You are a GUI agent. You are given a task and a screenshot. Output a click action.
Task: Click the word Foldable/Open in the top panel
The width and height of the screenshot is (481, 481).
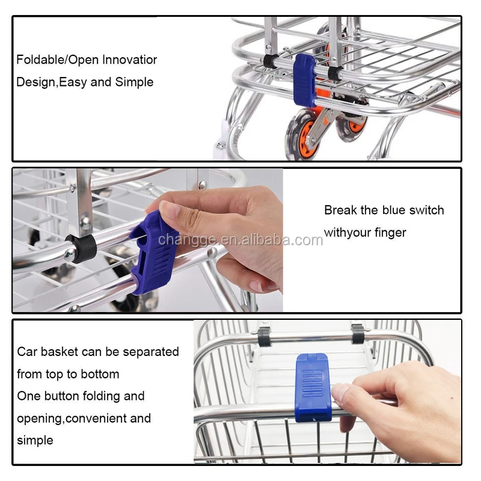pyautogui.click(x=58, y=60)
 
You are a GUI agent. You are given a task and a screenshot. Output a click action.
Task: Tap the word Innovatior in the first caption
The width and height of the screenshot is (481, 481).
pyautogui.click(x=129, y=60)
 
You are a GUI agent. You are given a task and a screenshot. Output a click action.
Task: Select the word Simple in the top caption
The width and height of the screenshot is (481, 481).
pyautogui.click(x=134, y=82)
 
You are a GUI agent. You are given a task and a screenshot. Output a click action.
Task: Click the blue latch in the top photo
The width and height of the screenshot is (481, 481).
pyautogui.click(x=305, y=81)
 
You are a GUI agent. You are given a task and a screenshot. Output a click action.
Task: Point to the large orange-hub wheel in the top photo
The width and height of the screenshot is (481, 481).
pyautogui.click(x=302, y=134)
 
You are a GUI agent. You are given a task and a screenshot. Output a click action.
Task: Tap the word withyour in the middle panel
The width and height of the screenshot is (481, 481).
pyautogui.click(x=348, y=233)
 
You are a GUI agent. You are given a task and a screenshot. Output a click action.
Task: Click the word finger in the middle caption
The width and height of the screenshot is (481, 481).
pyautogui.click(x=390, y=233)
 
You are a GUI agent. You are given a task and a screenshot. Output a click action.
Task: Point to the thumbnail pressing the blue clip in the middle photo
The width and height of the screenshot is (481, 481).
pyautogui.click(x=169, y=209)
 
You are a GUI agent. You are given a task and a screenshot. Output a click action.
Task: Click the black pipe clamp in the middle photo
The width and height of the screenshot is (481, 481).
pyautogui.click(x=81, y=248)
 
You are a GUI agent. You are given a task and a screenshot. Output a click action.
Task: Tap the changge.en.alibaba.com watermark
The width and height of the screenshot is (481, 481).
pyautogui.click(x=240, y=239)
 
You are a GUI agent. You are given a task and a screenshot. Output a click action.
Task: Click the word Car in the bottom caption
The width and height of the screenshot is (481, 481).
pyautogui.click(x=27, y=352)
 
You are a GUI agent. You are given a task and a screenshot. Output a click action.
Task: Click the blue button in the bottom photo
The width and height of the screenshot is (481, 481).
pyautogui.click(x=313, y=387)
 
